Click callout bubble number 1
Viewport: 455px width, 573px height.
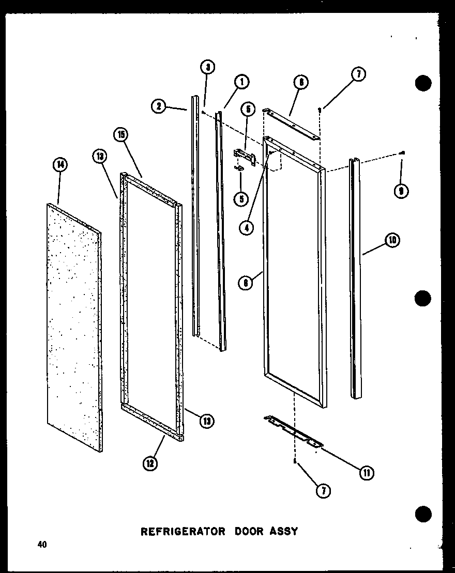click(241, 81)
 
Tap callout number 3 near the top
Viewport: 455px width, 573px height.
click(207, 67)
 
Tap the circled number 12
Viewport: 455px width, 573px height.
click(149, 464)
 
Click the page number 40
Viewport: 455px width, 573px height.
click(41, 544)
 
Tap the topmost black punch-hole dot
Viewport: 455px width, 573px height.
click(422, 83)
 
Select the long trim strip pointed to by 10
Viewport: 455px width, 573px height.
click(355, 279)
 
